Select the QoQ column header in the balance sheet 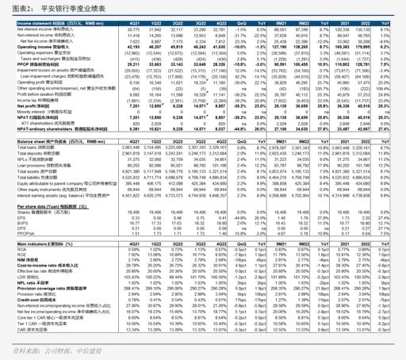click(239, 141)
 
